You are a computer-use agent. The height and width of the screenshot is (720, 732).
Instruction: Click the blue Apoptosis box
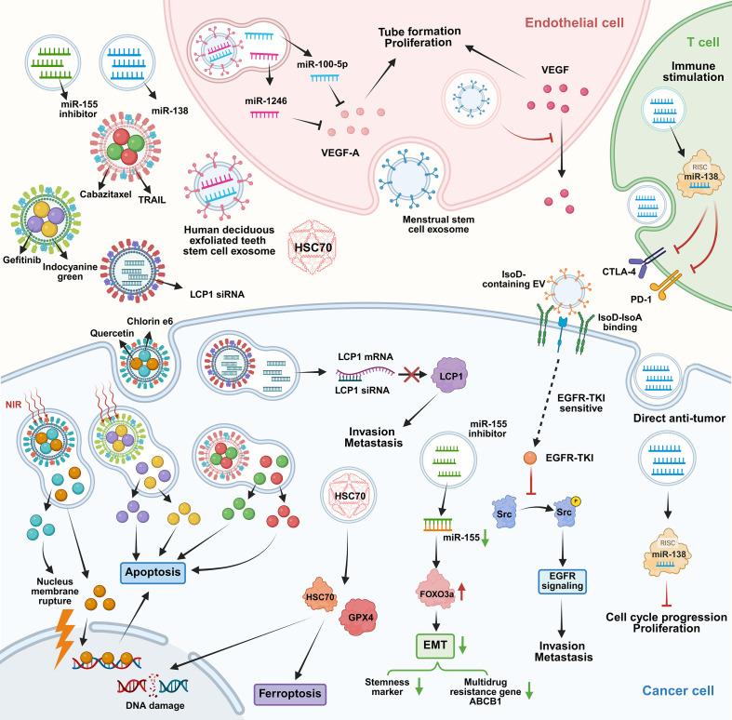click(x=153, y=572)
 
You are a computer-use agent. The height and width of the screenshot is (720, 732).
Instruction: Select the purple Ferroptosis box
click(x=289, y=694)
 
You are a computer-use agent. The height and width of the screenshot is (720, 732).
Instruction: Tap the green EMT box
click(x=435, y=646)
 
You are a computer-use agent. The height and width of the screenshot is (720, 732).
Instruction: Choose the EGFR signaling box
click(x=562, y=580)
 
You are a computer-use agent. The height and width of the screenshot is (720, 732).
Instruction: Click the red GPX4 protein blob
click(x=360, y=618)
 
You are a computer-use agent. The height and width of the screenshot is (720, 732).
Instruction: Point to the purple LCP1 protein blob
click(x=451, y=377)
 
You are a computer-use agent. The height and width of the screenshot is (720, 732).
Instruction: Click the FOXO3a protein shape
click(x=436, y=593)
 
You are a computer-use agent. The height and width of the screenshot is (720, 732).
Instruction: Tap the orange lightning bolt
click(x=65, y=638)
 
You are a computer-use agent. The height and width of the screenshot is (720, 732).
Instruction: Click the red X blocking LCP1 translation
click(x=411, y=374)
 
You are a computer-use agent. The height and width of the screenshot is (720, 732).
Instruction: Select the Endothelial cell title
click(x=574, y=22)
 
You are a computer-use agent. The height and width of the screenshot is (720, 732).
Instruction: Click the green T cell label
click(x=703, y=42)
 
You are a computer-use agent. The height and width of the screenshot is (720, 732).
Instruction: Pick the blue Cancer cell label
click(x=678, y=690)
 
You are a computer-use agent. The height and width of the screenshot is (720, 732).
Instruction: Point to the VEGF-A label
click(x=340, y=153)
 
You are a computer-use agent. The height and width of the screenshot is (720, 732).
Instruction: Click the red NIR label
click(x=14, y=405)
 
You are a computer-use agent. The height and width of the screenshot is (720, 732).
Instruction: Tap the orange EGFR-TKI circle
click(x=530, y=458)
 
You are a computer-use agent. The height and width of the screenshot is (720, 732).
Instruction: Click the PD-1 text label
click(x=641, y=300)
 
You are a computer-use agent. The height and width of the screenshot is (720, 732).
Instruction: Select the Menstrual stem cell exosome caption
click(x=438, y=224)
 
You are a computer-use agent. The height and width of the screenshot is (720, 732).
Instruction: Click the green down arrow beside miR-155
click(x=486, y=538)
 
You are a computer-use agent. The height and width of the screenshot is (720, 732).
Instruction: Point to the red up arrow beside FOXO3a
click(x=461, y=592)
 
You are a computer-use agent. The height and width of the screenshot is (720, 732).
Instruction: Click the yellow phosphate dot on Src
click(x=576, y=501)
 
